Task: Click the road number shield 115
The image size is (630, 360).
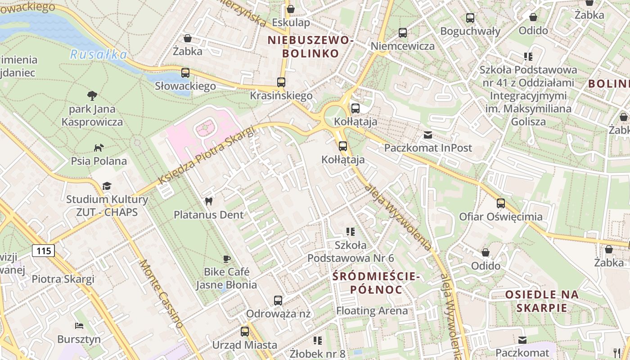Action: pos(43,251)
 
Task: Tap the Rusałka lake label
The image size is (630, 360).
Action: pos(98,55)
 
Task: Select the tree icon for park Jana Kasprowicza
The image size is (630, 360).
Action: pos(92,95)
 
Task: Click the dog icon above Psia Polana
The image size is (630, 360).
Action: pos(99,148)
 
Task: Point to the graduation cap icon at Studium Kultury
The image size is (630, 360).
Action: pos(107,186)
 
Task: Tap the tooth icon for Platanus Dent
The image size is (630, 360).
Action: pos(208,202)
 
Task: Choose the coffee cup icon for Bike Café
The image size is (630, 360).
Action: pos(227,259)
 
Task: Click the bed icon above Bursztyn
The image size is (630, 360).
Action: pos(79,326)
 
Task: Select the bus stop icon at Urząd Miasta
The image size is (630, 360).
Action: pos(245,332)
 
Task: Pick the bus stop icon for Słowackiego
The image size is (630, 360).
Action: pos(185,72)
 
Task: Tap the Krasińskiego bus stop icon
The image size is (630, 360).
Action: pos(281,82)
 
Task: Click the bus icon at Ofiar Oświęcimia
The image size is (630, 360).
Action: pos(501,203)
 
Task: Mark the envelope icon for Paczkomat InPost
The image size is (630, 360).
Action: pos(427,135)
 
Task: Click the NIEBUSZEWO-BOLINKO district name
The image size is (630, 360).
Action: pos(310,47)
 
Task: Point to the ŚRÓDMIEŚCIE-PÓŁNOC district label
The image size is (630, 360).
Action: pos(376,283)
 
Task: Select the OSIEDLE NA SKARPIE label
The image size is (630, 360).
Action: pos(542,301)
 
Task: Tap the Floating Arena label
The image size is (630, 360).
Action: pos(372,310)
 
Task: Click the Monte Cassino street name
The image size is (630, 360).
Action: pos(162,293)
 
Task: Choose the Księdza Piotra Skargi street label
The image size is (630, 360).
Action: pos(206,155)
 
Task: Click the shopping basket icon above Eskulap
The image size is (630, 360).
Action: pos(291,9)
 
